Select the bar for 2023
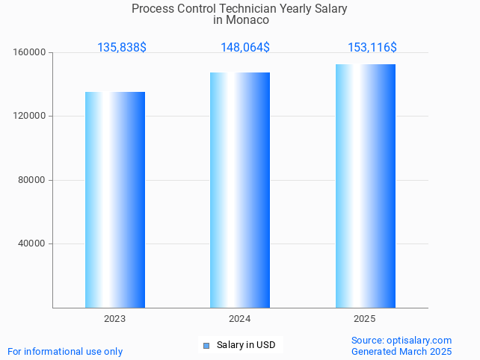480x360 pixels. (115, 199)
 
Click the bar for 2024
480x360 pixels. (240, 190)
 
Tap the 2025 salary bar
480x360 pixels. (365, 186)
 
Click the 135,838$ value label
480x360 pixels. (122, 48)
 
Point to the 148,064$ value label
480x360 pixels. (245, 48)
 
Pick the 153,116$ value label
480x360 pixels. (372, 48)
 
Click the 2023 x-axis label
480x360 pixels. (115, 319)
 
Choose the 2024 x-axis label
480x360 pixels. (240, 319)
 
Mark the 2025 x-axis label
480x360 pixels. (365, 319)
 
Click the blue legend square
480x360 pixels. (206, 345)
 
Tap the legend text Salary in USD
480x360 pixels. (246, 345)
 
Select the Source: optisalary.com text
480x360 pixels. (401, 341)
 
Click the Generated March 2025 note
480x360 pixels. (401, 351)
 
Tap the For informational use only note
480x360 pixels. (65, 352)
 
